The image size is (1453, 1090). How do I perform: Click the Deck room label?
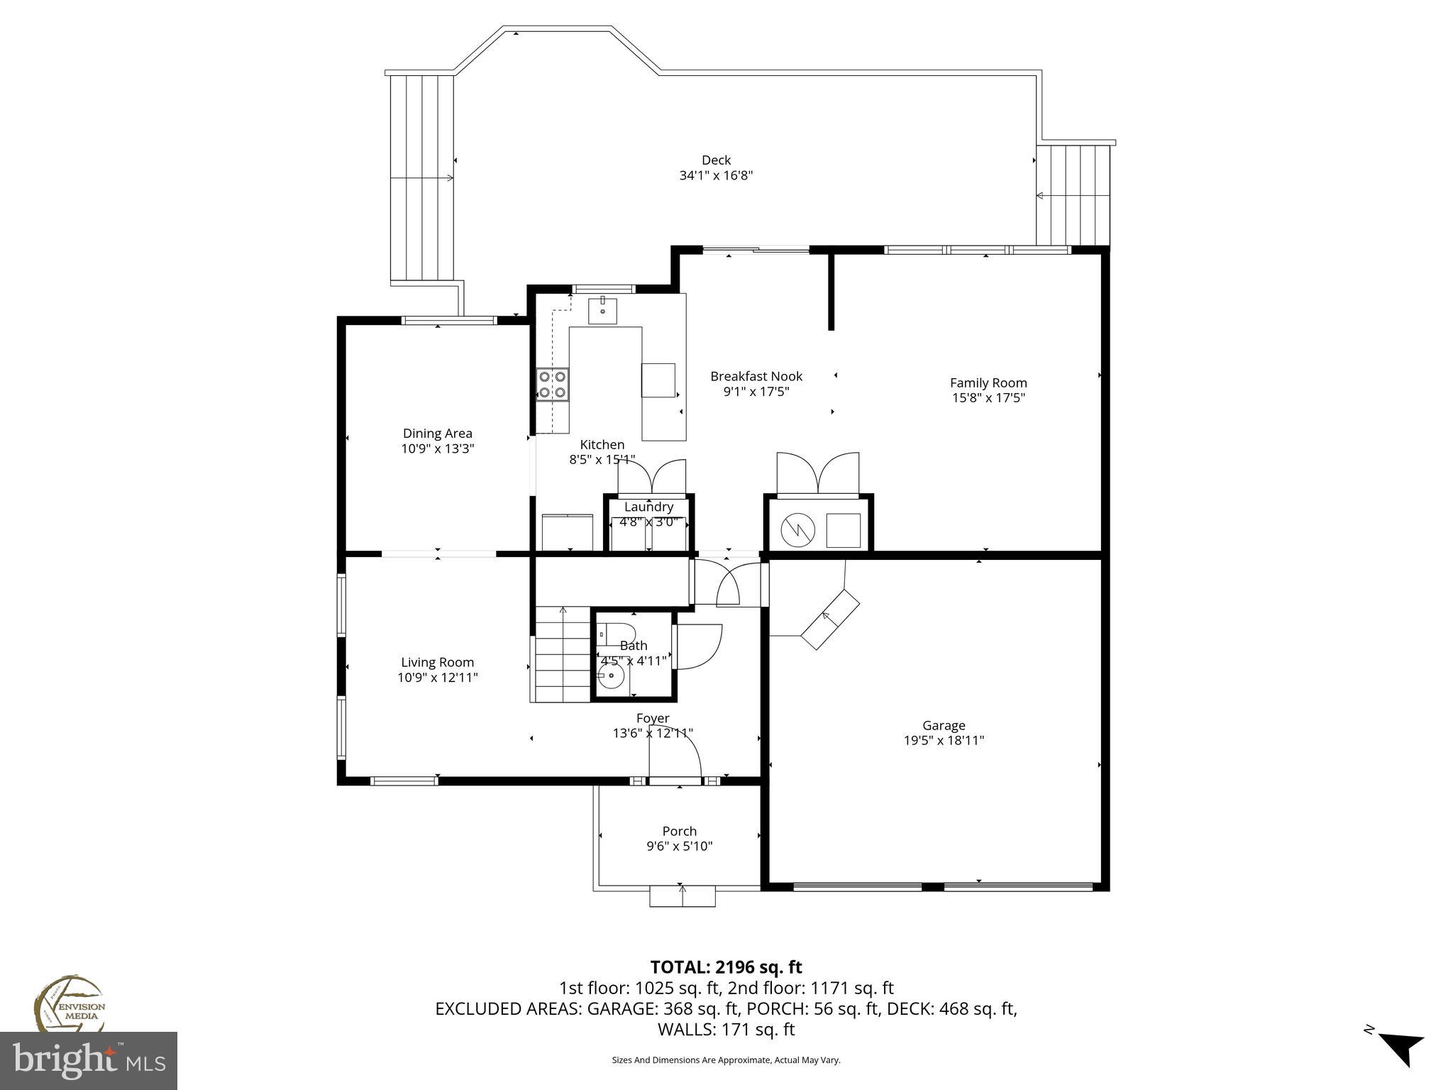(x=716, y=160)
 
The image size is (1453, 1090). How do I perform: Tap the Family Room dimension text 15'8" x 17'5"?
(x=988, y=398)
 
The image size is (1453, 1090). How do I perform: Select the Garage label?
(x=944, y=725)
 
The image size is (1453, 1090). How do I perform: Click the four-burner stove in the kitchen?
(x=553, y=384)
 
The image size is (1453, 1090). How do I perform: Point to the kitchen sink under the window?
(x=602, y=311)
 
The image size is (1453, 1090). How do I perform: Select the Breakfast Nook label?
(x=756, y=376)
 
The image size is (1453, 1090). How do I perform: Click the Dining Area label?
(x=437, y=434)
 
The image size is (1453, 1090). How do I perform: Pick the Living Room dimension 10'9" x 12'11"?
(x=437, y=678)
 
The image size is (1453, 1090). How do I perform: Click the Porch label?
(x=679, y=831)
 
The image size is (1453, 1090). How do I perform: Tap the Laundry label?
(x=648, y=507)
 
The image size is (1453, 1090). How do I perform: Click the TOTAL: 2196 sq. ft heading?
(x=726, y=967)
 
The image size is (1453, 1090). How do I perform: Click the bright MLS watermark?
(x=89, y=1061)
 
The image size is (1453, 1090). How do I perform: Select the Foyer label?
(x=652, y=718)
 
